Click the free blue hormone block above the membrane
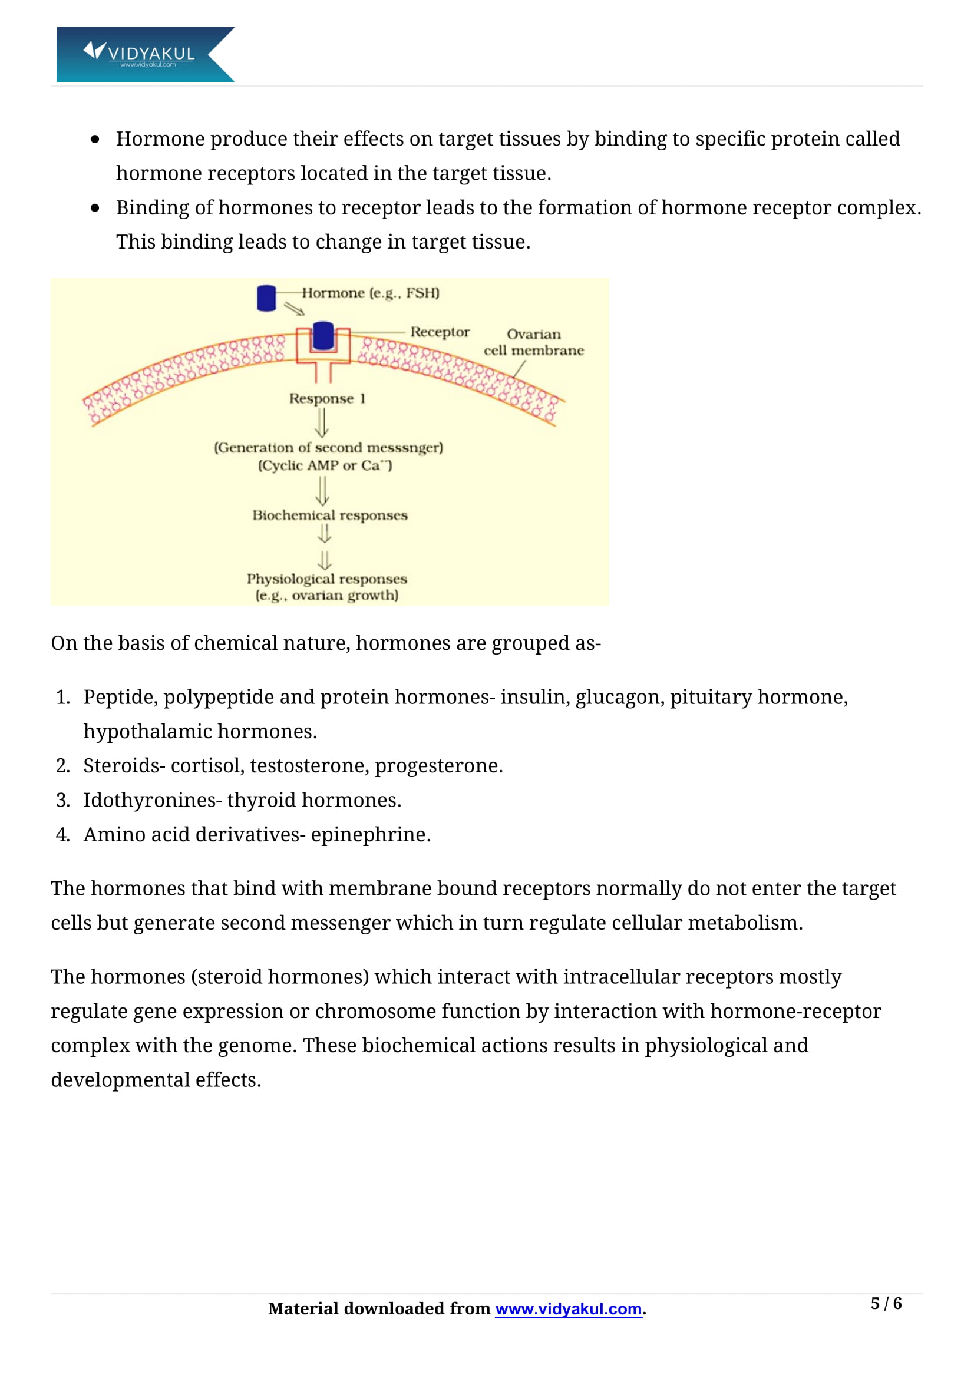point(266,298)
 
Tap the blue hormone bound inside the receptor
point(323,336)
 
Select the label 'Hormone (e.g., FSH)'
point(370,293)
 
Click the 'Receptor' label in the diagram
point(440,332)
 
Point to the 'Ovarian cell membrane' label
point(533,342)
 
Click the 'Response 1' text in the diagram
point(327,398)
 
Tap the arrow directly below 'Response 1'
point(322,422)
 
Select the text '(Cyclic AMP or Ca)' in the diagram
point(325,465)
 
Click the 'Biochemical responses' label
point(329,515)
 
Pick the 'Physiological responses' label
point(326,579)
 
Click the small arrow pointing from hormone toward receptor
point(294,309)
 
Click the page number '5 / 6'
point(886,1304)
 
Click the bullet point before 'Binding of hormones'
point(95,208)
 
